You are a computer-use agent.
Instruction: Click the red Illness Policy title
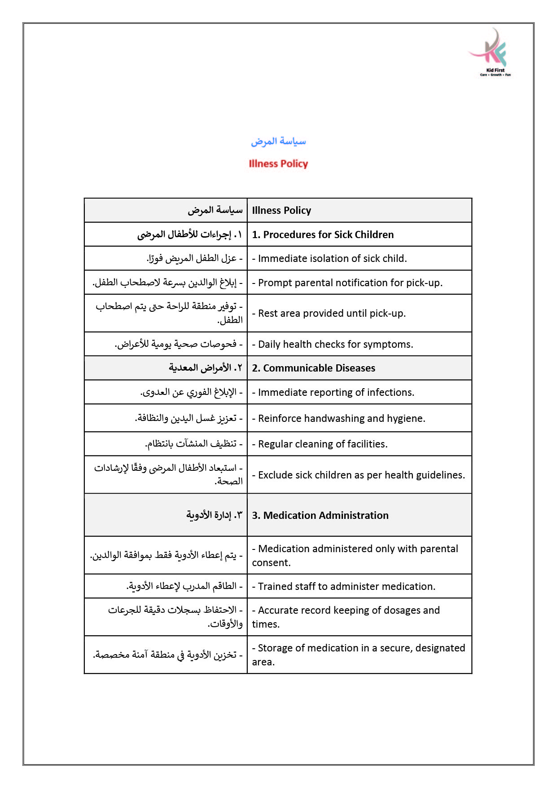(278, 164)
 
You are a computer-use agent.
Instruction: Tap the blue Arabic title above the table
(278, 142)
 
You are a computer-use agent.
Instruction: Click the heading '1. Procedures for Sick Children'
(323, 235)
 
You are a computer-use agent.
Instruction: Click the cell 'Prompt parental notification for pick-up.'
(350, 283)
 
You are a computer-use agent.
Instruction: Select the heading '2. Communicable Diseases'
(313, 368)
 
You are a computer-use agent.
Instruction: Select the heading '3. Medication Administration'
(320, 515)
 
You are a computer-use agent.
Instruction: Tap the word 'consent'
(271, 562)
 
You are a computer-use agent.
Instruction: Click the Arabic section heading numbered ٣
(214, 515)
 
